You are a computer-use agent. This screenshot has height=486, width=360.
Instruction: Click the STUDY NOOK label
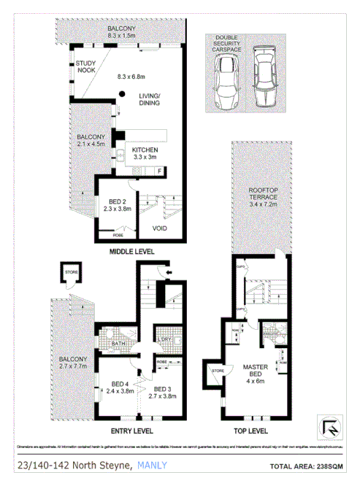86,67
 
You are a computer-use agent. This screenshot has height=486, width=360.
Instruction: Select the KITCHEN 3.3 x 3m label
145,153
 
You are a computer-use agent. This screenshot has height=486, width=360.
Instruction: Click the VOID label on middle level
160,228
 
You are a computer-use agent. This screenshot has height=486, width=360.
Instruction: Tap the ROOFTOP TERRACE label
262,198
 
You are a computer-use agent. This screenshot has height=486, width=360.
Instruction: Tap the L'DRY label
164,340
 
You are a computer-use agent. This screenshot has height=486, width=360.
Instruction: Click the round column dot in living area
123,92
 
